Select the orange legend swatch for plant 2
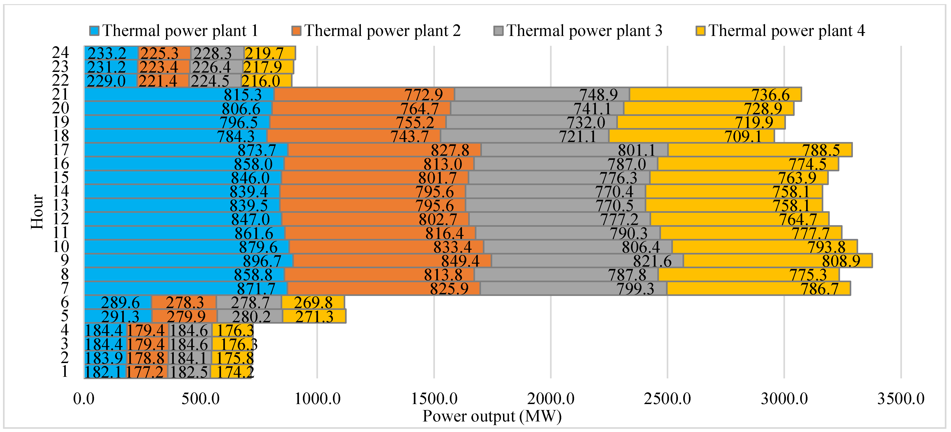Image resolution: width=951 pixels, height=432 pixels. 296,31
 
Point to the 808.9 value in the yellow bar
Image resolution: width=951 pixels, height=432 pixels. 841,261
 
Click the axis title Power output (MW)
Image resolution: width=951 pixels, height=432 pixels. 492,416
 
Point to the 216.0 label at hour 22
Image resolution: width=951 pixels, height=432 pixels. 261,81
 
